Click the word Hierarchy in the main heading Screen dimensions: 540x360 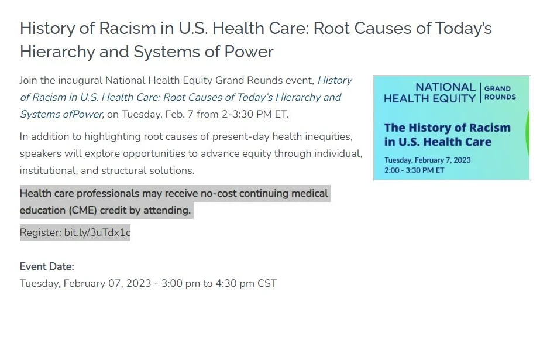point(57,52)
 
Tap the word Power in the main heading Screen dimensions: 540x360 point(249,52)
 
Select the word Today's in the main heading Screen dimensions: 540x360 point(463,29)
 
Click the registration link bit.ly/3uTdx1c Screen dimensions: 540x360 point(98,232)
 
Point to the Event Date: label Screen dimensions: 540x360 point(47,266)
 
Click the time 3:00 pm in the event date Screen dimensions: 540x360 point(180,283)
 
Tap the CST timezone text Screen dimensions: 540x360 point(267,283)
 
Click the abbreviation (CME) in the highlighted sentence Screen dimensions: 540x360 point(82,210)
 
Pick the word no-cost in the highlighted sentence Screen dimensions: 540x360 point(218,193)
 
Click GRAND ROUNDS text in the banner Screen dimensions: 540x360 point(500,92)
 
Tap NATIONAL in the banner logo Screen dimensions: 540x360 point(446,87)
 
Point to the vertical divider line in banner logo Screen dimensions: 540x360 point(480,92)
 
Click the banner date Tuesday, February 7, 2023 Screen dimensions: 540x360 point(428,160)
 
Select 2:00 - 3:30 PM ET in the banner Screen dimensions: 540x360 point(414,170)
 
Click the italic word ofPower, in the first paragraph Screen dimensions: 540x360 point(82,114)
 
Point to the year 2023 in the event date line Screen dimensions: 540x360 point(139,283)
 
